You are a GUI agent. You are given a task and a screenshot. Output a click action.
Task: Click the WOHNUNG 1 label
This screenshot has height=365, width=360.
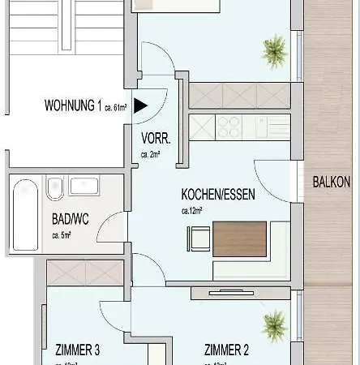[x=73, y=105]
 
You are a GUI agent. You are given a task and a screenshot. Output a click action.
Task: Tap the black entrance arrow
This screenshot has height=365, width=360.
[x=140, y=105]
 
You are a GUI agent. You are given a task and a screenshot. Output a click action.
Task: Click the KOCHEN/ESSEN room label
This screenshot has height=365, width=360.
[x=215, y=195]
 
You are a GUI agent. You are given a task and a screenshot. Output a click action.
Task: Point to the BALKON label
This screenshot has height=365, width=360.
[x=331, y=182]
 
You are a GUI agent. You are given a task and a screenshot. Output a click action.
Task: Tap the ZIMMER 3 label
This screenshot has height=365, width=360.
[x=78, y=350]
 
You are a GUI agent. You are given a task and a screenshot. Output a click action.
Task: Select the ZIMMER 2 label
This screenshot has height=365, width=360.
[x=227, y=350]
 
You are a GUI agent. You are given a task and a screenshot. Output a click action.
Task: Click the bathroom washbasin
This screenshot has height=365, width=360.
[x=84, y=186]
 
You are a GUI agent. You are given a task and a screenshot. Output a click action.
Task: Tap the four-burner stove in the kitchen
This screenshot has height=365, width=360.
[x=229, y=127]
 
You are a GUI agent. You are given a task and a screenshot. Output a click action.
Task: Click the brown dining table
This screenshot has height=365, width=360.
[x=239, y=238]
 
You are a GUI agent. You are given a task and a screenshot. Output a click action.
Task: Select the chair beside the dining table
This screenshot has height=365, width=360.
[x=198, y=238]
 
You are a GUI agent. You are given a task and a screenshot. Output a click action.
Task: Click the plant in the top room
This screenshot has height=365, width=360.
[x=274, y=50]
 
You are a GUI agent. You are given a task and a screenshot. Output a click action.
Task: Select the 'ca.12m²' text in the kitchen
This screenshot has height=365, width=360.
[x=192, y=210]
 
